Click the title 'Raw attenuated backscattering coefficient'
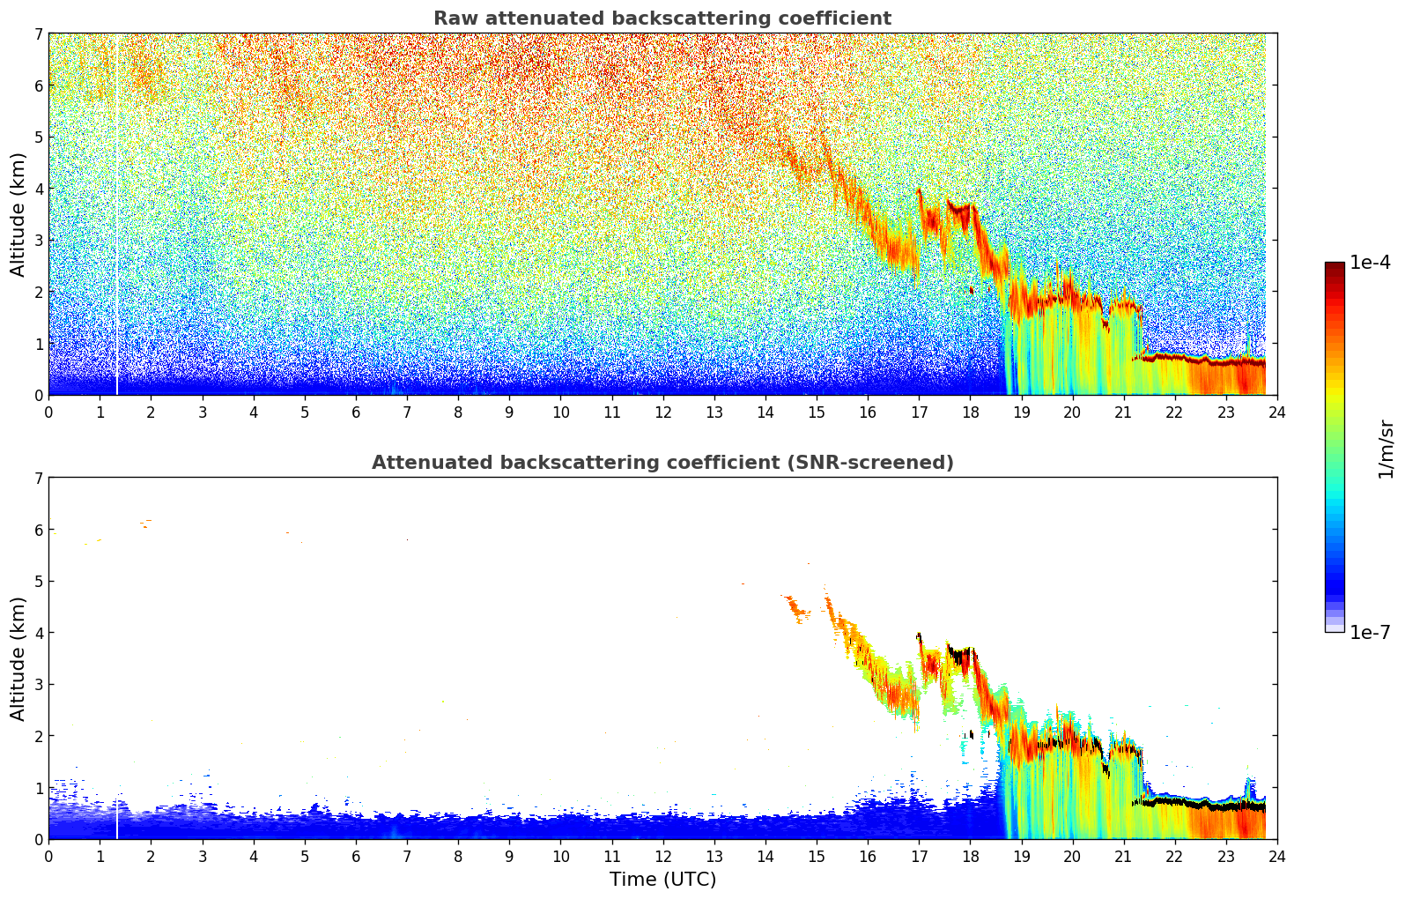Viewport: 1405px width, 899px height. pyautogui.click(x=662, y=19)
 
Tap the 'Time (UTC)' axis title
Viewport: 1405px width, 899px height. pyautogui.click(x=662, y=880)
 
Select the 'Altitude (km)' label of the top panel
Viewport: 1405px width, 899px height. pyautogui.click(x=18, y=215)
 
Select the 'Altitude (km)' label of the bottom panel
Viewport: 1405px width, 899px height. pyautogui.click(x=18, y=658)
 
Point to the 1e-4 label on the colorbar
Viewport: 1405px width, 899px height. pyautogui.click(x=1370, y=263)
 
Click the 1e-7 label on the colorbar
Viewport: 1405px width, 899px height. pyautogui.click(x=1370, y=632)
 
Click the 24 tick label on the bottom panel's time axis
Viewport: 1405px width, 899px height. pyautogui.click(x=1277, y=857)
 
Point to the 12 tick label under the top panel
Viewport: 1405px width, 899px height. pyautogui.click(x=663, y=412)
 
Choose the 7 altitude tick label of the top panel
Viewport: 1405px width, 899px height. pyautogui.click(x=39, y=33)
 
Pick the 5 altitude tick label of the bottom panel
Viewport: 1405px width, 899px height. pyautogui.click(x=39, y=582)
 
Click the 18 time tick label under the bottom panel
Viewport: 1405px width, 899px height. pyautogui.click(x=971, y=857)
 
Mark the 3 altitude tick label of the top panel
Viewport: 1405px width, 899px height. pyautogui.click(x=39, y=241)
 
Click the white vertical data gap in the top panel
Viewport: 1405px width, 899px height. pyautogui.click(x=116, y=215)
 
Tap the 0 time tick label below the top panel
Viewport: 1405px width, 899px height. pyautogui.click(x=49, y=412)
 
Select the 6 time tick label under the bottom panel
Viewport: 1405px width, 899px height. pyautogui.click(x=356, y=857)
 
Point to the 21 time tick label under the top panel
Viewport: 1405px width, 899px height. pyautogui.click(x=1124, y=412)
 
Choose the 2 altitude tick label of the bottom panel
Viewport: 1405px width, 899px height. pyautogui.click(x=39, y=736)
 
